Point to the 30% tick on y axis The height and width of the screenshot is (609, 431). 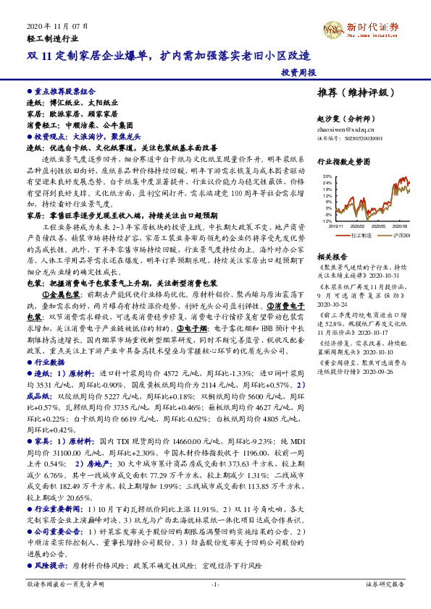[327, 176]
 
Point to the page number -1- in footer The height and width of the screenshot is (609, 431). [215, 583]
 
